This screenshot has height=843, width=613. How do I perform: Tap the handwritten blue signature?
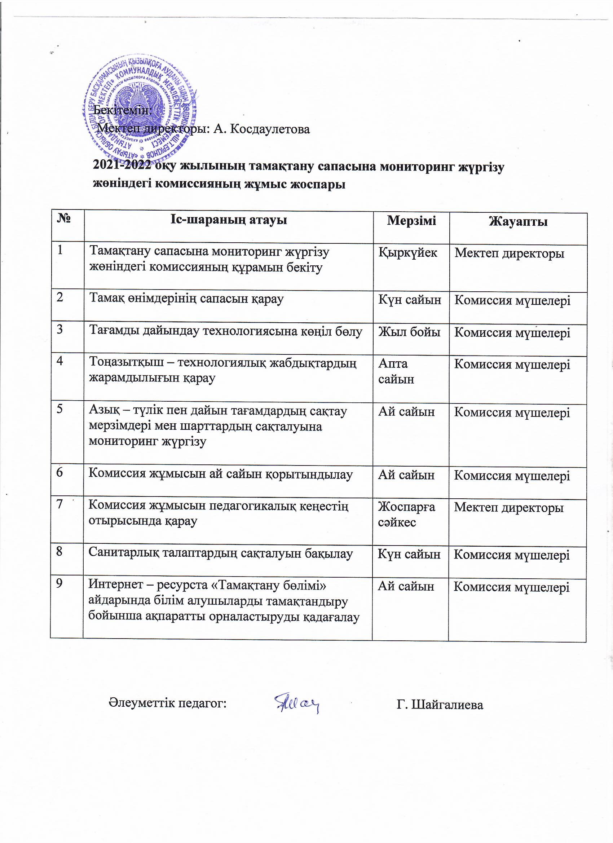[x=297, y=702]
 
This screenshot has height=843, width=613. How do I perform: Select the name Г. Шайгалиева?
[x=440, y=704]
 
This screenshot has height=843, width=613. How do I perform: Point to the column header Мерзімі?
[x=411, y=220]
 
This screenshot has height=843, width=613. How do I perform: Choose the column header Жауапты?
[x=518, y=221]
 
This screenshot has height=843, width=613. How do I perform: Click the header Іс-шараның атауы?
[x=229, y=220]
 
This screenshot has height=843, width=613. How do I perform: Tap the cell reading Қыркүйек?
[x=408, y=253]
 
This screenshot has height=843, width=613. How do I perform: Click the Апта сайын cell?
[x=396, y=371]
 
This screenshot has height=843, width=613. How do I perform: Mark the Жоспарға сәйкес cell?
[x=406, y=514]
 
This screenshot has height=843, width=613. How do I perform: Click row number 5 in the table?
[x=59, y=409]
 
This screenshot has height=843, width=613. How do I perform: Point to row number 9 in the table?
[x=59, y=583]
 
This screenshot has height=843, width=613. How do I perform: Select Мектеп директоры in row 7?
[x=508, y=507]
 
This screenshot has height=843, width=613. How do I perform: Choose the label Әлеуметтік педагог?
[x=168, y=703]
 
